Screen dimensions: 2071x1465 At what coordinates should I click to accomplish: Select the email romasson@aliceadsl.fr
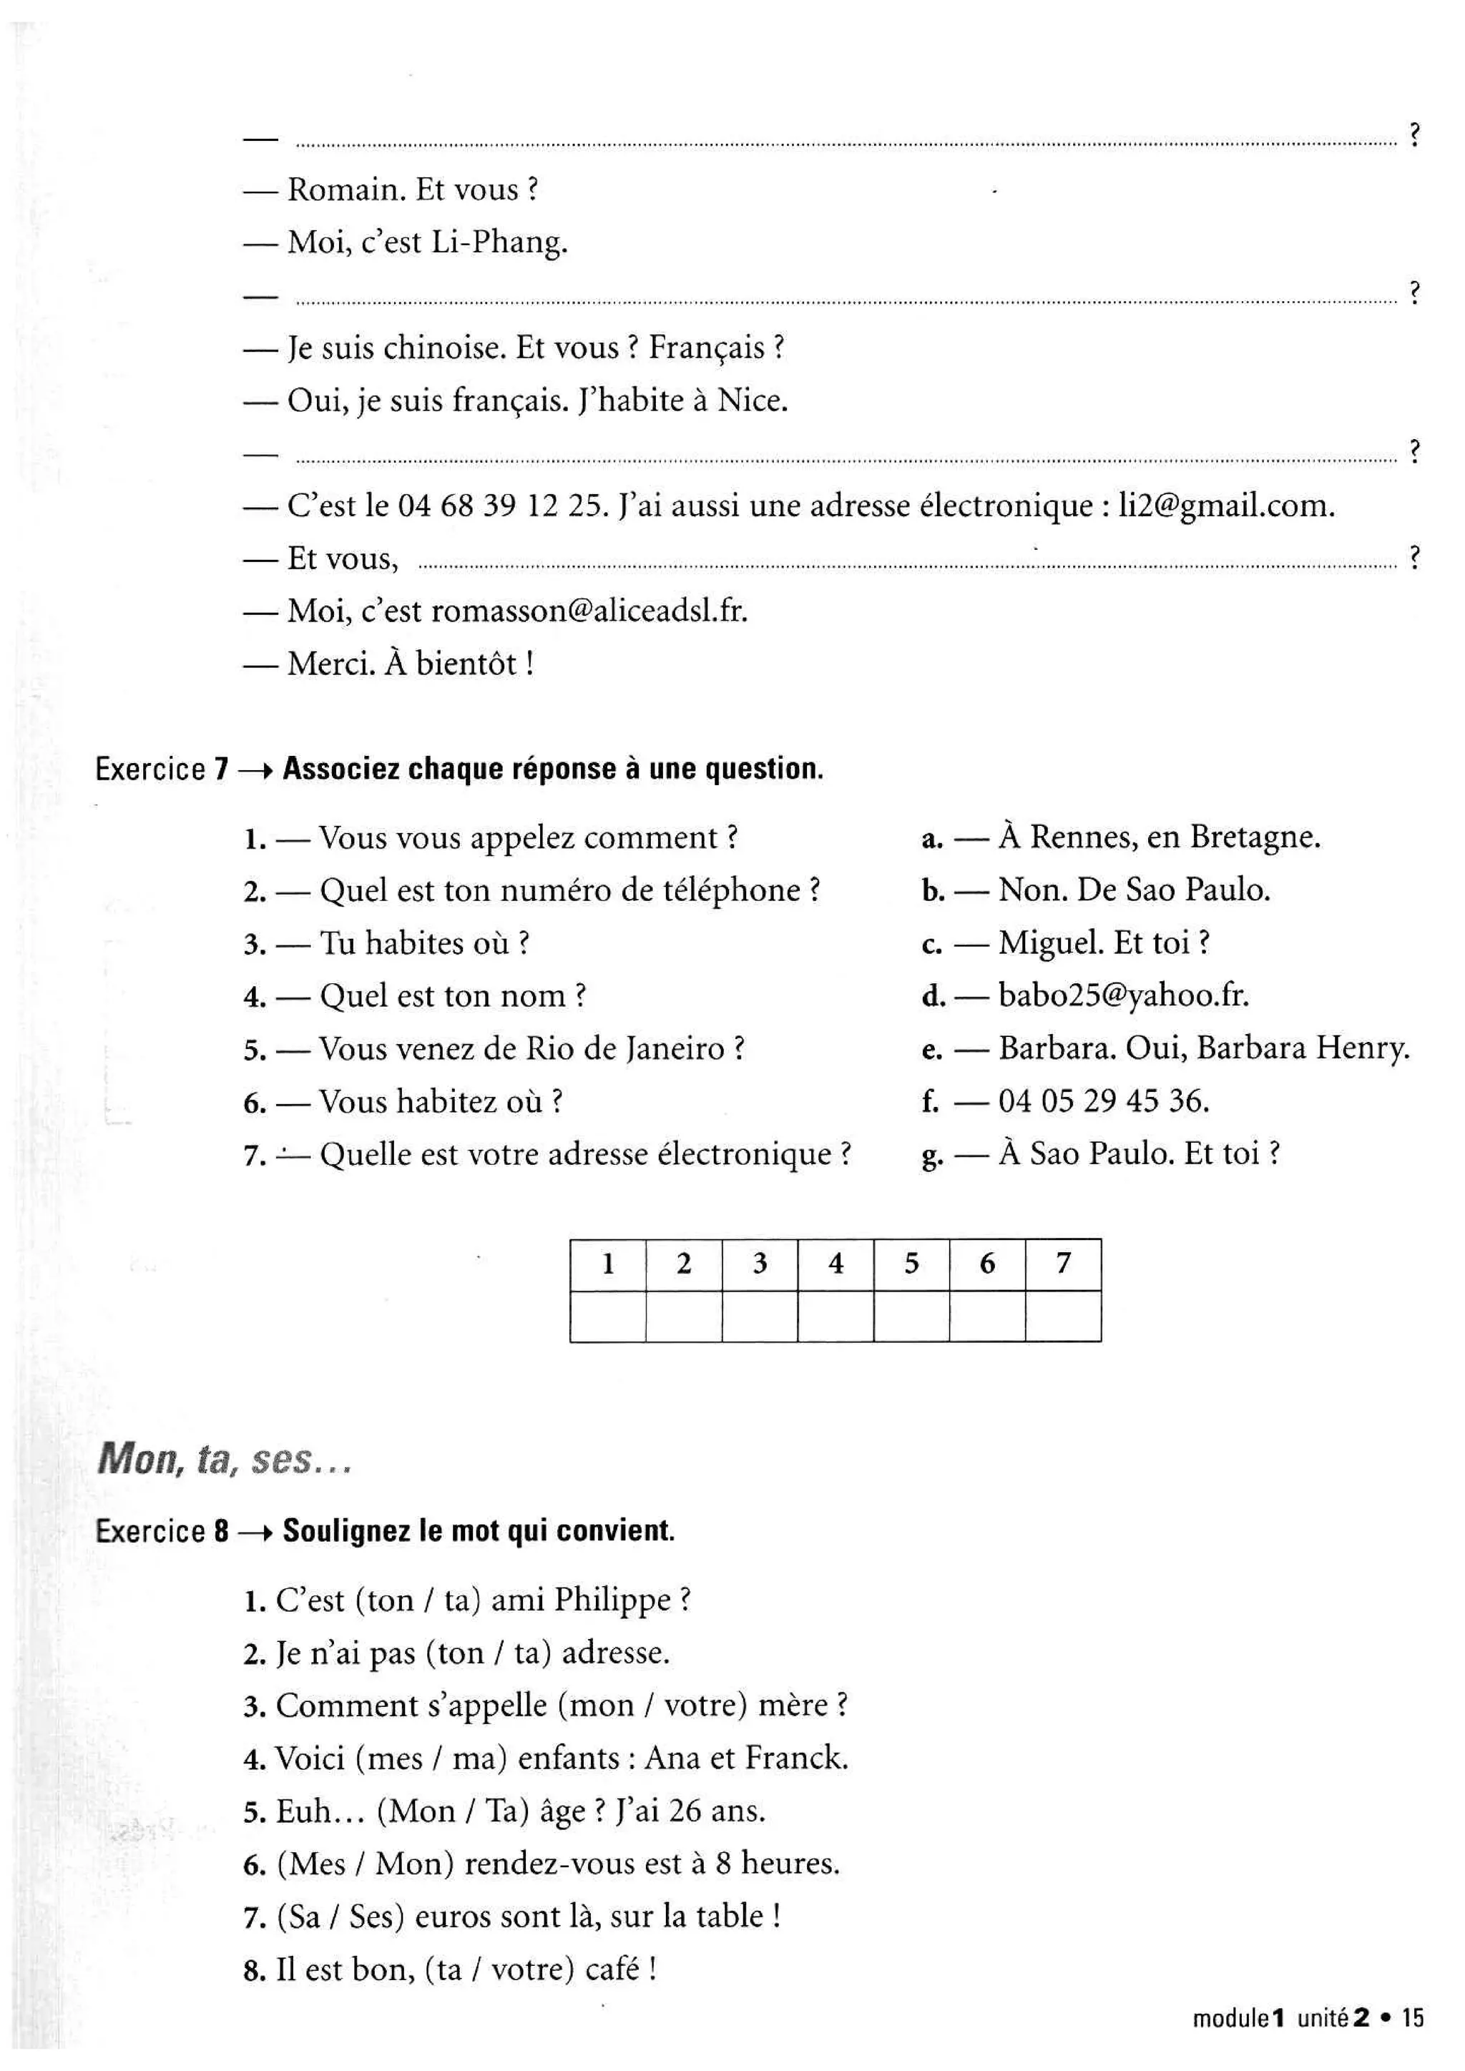click(589, 611)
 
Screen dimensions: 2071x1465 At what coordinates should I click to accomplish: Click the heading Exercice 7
click(162, 769)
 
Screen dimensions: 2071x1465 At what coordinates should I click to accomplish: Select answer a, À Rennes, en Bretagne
click(1158, 837)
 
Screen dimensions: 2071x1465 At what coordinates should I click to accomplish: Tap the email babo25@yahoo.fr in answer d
click(1123, 996)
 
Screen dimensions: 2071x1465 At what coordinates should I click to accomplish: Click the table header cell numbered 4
click(836, 1264)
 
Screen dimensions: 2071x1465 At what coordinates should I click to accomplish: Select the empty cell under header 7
click(1063, 1317)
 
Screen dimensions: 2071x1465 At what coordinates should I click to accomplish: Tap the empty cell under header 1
click(608, 1317)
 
